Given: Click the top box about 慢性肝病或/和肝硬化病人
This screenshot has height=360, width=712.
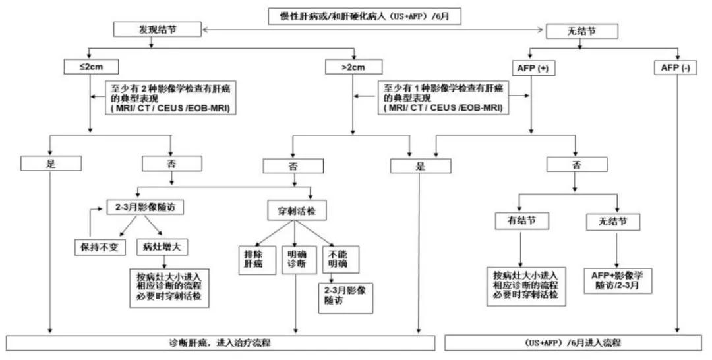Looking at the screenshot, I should point(361,16).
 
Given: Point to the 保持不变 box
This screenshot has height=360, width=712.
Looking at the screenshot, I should point(98,247).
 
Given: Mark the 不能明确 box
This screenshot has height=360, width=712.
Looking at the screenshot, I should point(337,260).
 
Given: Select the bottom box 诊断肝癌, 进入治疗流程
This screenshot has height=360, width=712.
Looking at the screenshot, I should point(220,343).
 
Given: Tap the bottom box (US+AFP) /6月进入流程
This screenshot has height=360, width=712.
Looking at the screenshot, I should point(572,343).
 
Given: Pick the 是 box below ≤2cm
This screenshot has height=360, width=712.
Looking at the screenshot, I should point(51,164).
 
